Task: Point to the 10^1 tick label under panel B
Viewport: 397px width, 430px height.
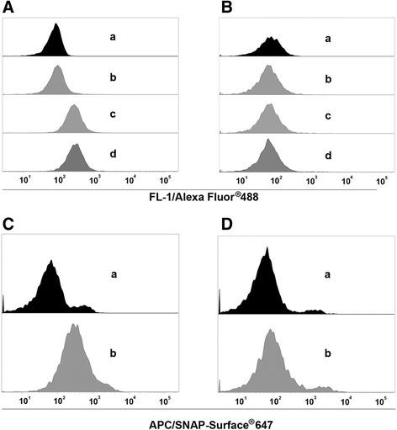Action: click(x=242, y=180)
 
